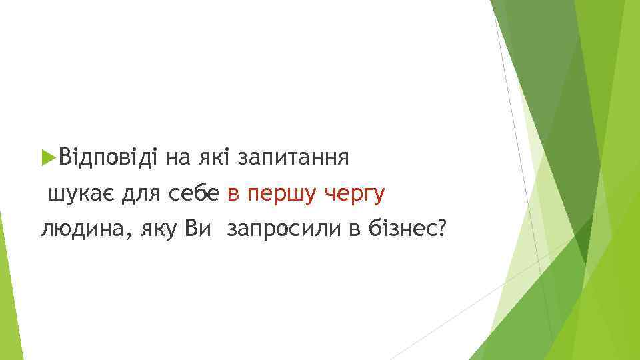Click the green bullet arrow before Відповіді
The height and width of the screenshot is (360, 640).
tap(47, 158)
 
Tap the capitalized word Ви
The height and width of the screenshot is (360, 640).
tap(198, 229)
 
